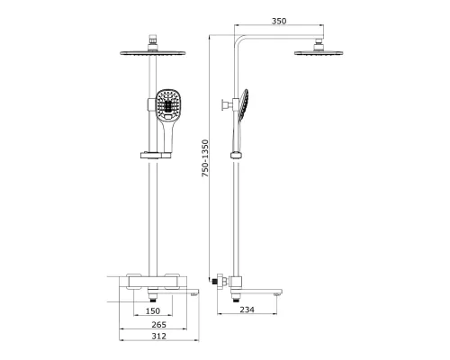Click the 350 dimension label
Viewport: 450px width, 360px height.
coord(279,21)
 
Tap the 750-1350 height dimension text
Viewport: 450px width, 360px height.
coord(205,158)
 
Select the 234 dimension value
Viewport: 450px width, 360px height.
coord(247,310)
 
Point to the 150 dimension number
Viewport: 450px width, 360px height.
coord(153,310)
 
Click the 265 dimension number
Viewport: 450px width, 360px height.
coord(158,325)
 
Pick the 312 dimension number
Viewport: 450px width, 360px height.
coord(158,336)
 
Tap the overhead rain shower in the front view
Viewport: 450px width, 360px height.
coord(153,53)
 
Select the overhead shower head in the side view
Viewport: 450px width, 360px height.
coord(319,53)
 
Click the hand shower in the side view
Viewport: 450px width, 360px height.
coord(241,120)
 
